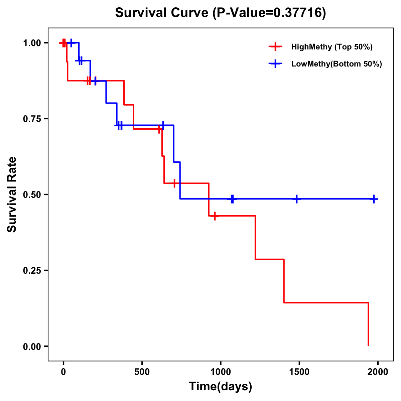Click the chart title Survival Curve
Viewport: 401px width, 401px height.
(x=220, y=13)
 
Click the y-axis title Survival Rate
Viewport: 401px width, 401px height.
(x=12, y=194)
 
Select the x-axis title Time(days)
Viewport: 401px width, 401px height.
(x=220, y=386)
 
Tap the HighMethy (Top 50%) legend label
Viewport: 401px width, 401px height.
(x=331, y=47)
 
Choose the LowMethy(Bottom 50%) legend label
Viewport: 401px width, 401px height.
(x=336, y=64)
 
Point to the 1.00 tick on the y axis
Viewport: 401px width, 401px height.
(x=32, y=43)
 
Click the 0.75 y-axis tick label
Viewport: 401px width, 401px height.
(x=32, y=119)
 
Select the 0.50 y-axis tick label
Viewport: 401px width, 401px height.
(x=32, y=194)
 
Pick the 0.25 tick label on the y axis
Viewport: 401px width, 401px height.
(x=32, y=270)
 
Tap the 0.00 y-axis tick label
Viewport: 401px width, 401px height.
(x=32, y=346)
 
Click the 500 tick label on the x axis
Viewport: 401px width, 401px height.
(x=142, y=372)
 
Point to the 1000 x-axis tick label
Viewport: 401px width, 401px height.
(x=221, y=372)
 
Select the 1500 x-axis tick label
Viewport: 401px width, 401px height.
(x=299, y=372)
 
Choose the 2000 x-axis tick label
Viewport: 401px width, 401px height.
(x=378, y=372)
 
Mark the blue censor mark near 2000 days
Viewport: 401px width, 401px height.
(x=374, y=199)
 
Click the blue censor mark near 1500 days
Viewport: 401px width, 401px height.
(x=297, y=199)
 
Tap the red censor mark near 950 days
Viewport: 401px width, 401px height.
(x=215, y=216)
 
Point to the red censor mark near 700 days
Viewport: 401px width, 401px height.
(x=174, y=183)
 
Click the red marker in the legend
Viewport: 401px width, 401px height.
(x=275, y=47)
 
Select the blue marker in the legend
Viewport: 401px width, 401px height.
(x=275, y=64)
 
